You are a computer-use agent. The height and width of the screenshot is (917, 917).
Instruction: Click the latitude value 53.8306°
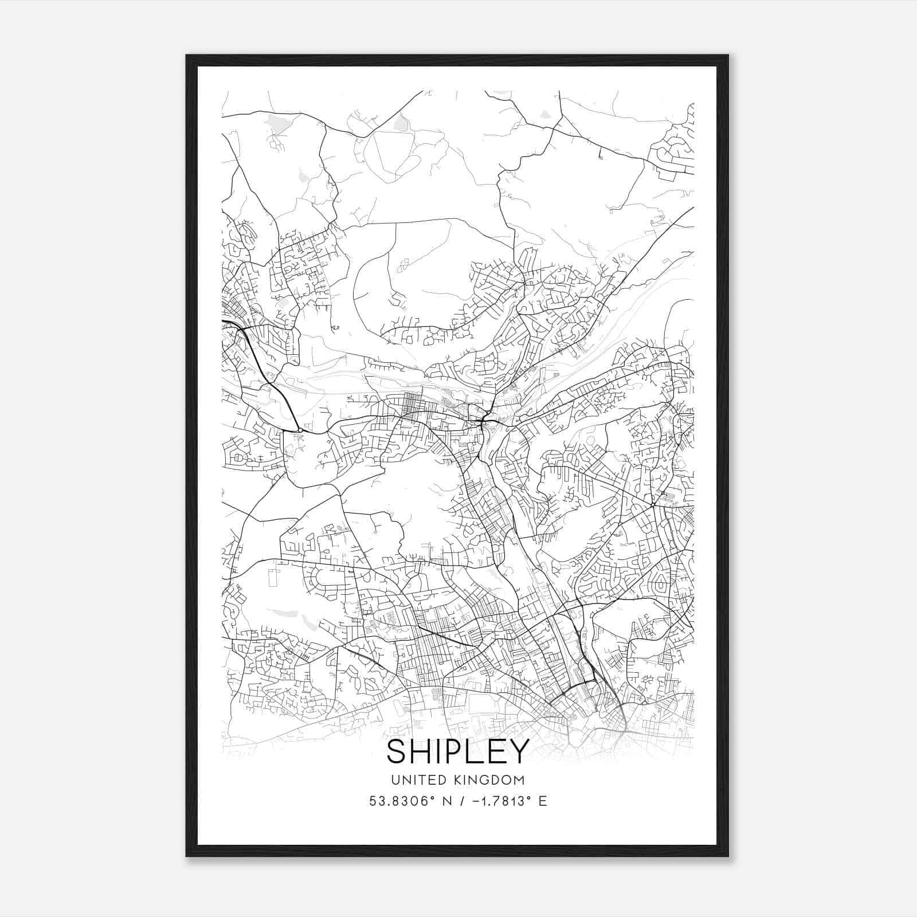399,801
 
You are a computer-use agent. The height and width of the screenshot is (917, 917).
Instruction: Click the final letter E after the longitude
543,801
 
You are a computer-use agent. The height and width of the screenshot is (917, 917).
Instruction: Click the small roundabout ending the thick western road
300,430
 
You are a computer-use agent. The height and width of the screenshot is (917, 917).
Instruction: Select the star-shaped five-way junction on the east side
653,505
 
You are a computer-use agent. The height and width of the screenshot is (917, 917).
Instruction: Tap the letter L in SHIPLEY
476,751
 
